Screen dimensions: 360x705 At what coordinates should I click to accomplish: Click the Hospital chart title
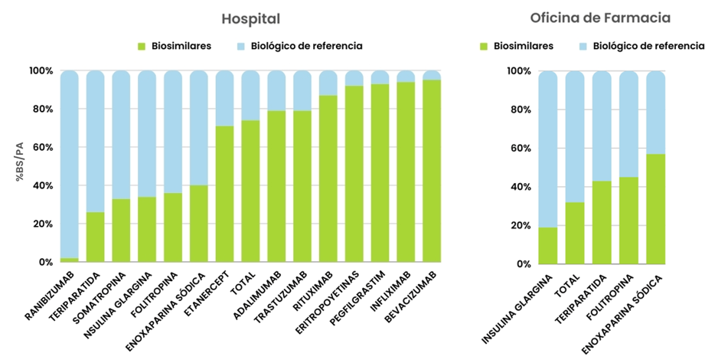(250, 18)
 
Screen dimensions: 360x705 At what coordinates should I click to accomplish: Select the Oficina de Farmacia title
(599, 18)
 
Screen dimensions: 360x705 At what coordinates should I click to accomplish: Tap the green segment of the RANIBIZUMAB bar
(70, 260)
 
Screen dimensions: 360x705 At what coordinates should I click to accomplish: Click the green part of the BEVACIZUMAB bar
(432, 172)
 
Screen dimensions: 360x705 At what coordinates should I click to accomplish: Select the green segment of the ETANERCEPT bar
(225, 195)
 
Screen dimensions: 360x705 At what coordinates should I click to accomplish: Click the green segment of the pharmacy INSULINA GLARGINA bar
(548, 246)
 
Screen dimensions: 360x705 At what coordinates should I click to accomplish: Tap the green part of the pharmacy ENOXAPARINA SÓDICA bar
(656, 209)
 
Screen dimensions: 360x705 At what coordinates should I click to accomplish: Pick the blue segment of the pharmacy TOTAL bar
(575, 138)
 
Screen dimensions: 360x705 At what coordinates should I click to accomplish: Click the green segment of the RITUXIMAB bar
(328, 179)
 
